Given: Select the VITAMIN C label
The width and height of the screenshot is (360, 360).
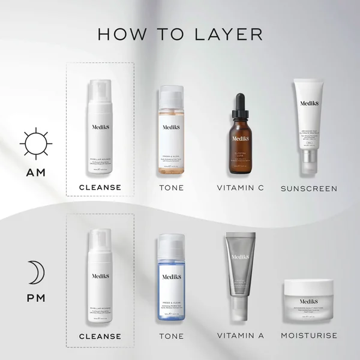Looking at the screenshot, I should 240,188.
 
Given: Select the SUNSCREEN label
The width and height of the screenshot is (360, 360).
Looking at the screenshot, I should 309,188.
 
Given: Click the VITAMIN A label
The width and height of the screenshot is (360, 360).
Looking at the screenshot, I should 240,335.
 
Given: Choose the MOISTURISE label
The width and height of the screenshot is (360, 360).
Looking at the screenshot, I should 309,335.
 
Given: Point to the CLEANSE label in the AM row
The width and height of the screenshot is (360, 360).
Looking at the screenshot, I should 100,187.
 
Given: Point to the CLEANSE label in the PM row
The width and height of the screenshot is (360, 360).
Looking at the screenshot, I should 100,335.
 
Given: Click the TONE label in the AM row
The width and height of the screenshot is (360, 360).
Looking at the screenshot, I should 171,188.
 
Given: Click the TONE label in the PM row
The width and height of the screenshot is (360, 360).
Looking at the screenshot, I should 171,335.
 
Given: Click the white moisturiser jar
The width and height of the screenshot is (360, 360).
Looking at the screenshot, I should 309,302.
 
